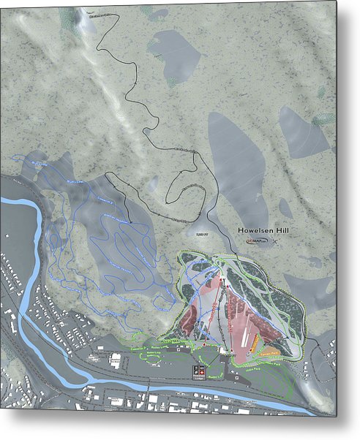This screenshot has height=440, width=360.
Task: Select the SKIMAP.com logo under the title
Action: point(257,240)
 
